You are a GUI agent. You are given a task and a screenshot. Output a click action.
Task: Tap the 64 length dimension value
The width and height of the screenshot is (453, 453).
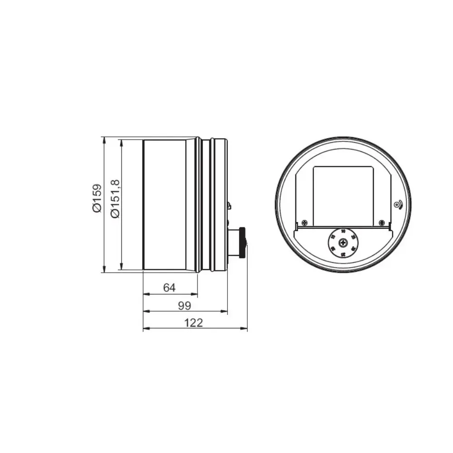coord(169,288)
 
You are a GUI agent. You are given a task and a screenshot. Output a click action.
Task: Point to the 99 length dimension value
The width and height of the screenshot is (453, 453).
coord(184,305)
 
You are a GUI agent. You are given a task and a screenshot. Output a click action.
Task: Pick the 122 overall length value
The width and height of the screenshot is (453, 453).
coord(194,323)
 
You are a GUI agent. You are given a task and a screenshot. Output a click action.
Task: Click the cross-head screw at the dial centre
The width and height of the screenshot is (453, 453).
coord(343,243)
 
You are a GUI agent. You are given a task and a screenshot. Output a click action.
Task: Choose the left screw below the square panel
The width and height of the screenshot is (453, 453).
coord(304,223)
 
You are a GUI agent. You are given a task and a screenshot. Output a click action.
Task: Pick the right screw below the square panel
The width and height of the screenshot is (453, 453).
coord(382,223)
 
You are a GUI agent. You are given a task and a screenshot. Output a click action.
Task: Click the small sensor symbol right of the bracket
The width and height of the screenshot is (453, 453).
coord(397,205)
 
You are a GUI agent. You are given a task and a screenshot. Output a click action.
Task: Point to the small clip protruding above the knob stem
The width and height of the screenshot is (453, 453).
coord(229,207)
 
